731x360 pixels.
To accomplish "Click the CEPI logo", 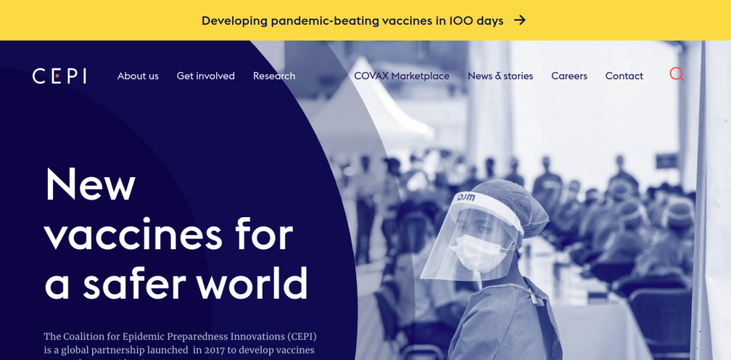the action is (59, 76).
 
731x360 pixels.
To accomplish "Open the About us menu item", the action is (138, 76).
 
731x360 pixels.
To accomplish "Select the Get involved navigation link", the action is (206, 76).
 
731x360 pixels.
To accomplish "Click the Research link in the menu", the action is (274, 76).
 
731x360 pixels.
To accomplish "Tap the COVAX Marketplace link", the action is (402, 76).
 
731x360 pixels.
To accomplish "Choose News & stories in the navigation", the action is (500, 76).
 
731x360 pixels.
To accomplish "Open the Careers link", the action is (569, 76).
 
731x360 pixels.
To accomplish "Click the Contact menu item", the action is (624, 76).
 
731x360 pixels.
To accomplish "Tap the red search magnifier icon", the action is (677, 74).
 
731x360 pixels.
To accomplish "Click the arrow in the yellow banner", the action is (520, 20).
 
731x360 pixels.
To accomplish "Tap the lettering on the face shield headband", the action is (466, 198).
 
